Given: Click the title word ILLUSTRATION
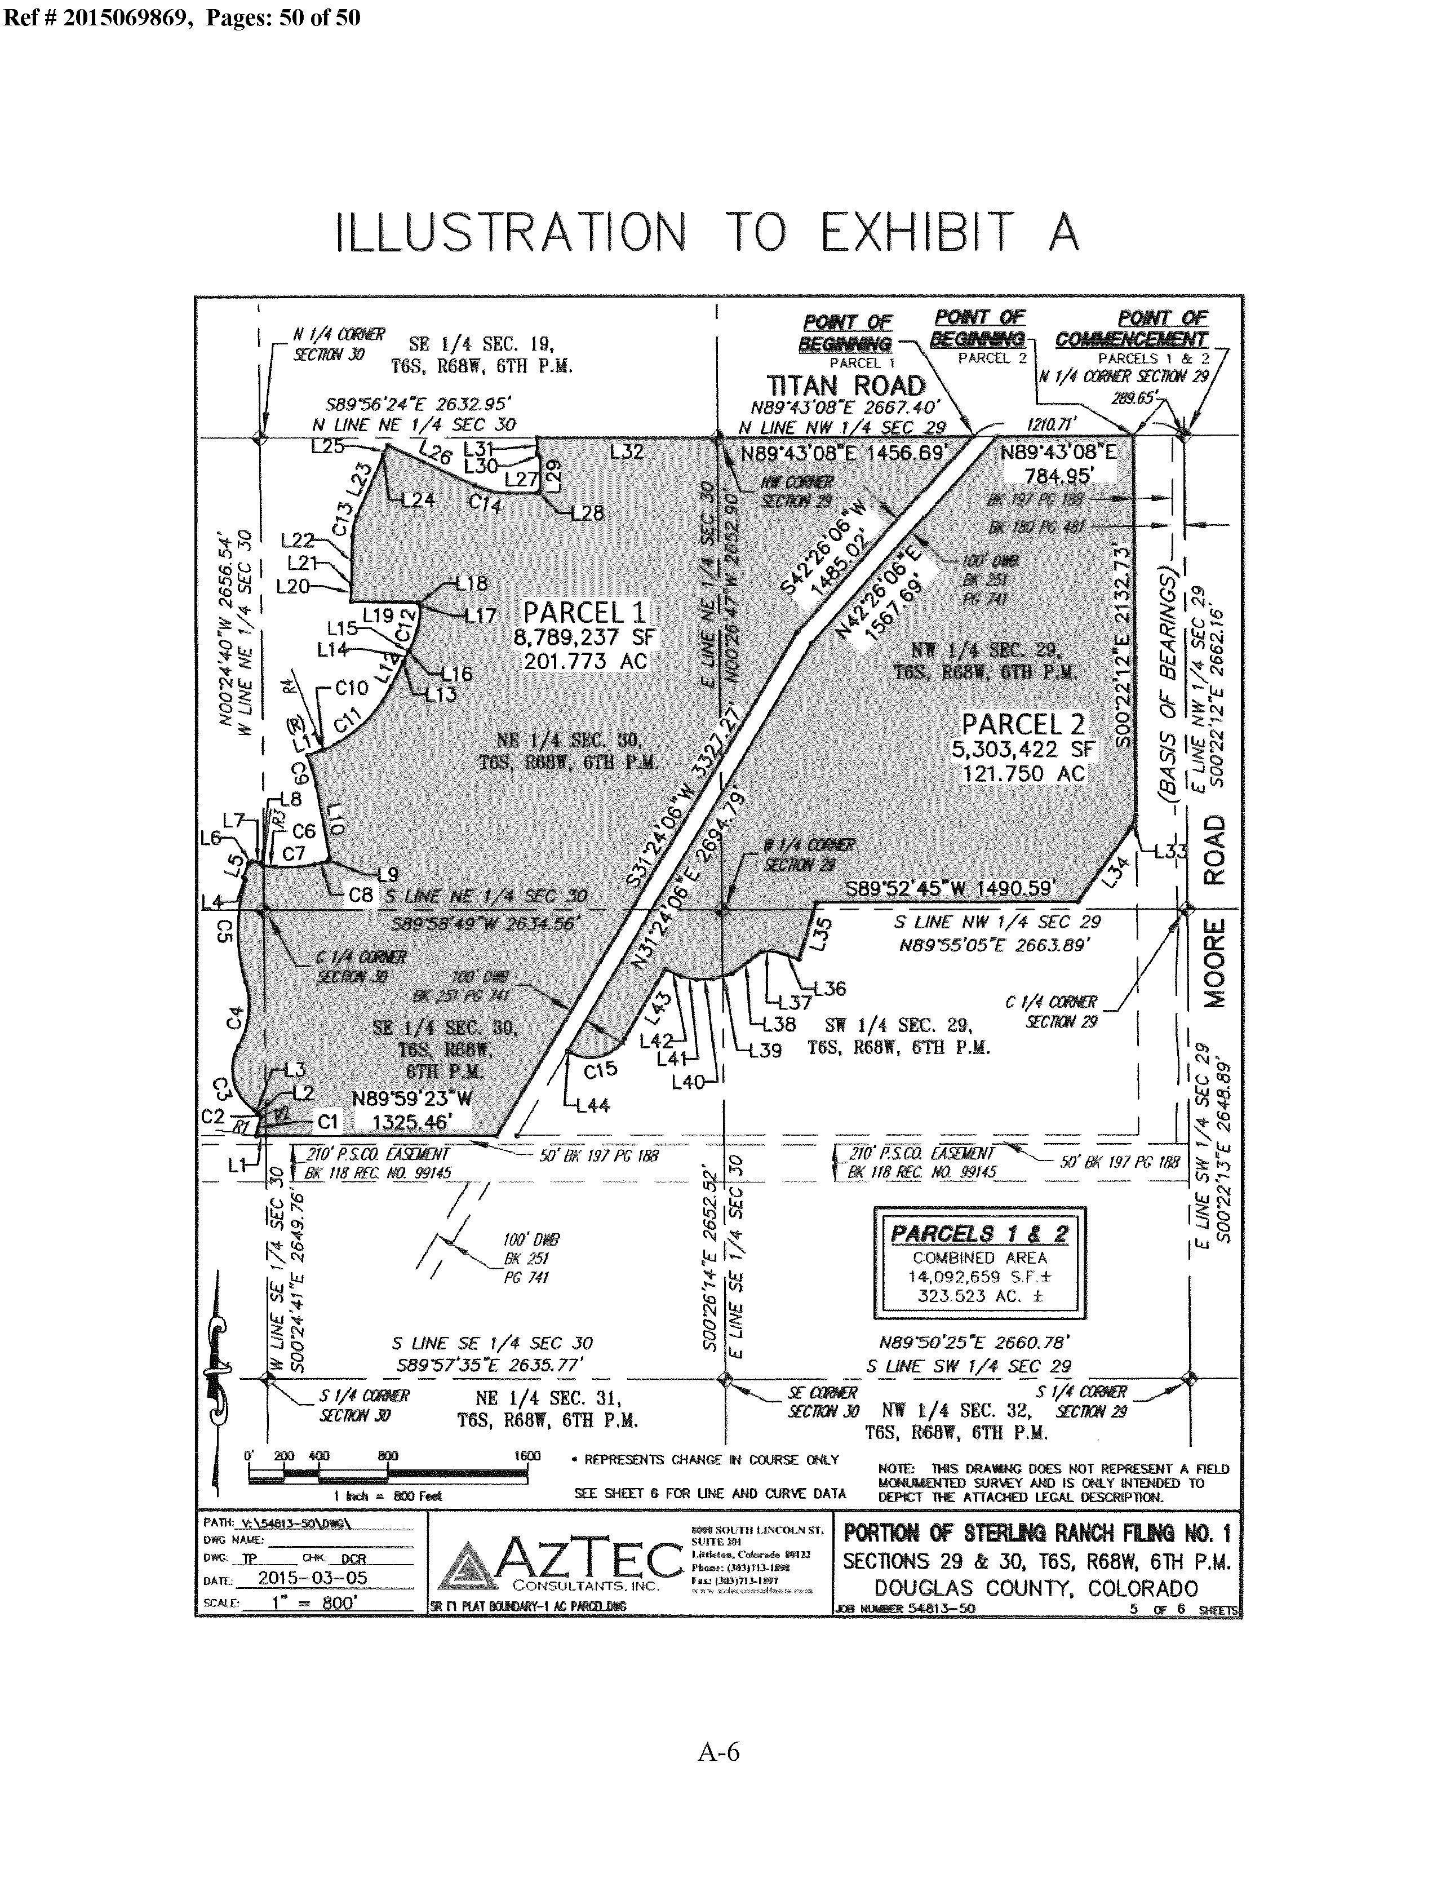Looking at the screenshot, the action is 511,233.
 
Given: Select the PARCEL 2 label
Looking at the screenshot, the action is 1022,724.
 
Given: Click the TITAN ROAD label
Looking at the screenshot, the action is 845,387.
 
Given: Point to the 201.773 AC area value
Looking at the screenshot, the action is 585,661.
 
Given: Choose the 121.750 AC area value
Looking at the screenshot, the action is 1022,773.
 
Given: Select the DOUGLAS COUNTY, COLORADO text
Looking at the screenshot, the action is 1036,1588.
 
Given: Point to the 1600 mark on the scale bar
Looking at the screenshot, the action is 527,1456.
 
